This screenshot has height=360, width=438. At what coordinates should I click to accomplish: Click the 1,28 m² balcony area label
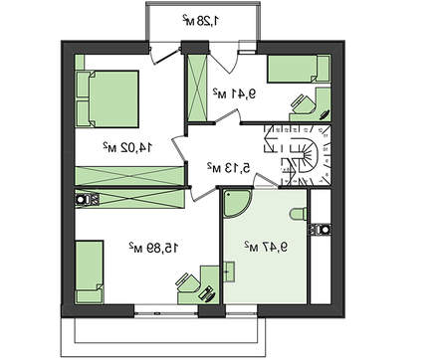pos(201,21)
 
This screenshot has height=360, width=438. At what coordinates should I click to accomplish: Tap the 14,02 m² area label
pos(127,147)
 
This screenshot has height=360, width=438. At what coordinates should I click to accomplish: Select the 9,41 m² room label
pos(235,93)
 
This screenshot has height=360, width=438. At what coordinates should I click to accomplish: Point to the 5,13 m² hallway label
pos(229,168)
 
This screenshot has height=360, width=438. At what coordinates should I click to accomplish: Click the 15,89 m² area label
pos(153,248)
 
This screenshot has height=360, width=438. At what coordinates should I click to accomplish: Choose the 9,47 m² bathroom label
pos(266,247)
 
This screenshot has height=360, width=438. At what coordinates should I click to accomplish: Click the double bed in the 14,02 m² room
pos(107,98)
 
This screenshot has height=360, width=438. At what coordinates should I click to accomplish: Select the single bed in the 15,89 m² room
pos(89,271)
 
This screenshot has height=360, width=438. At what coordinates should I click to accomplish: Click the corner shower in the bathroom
pos(236,203)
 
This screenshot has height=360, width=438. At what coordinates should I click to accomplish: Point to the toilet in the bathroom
pos(299,214)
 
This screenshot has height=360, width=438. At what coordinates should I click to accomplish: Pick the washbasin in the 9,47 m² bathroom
pos(229,271)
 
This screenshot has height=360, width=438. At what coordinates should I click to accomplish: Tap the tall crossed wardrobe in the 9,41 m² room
pos(196,89)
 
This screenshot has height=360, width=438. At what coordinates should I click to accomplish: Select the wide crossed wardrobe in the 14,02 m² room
pos(129,176)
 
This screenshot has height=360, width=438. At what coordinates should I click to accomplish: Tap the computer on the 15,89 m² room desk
pos(208,293)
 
